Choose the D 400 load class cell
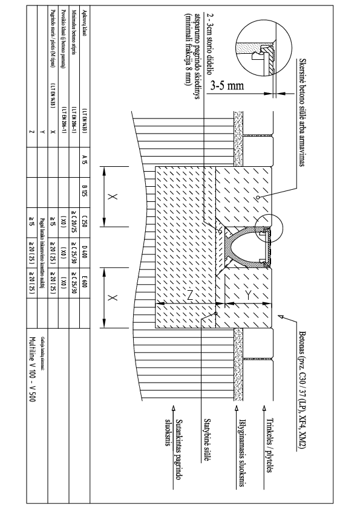[x=84, y=251]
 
